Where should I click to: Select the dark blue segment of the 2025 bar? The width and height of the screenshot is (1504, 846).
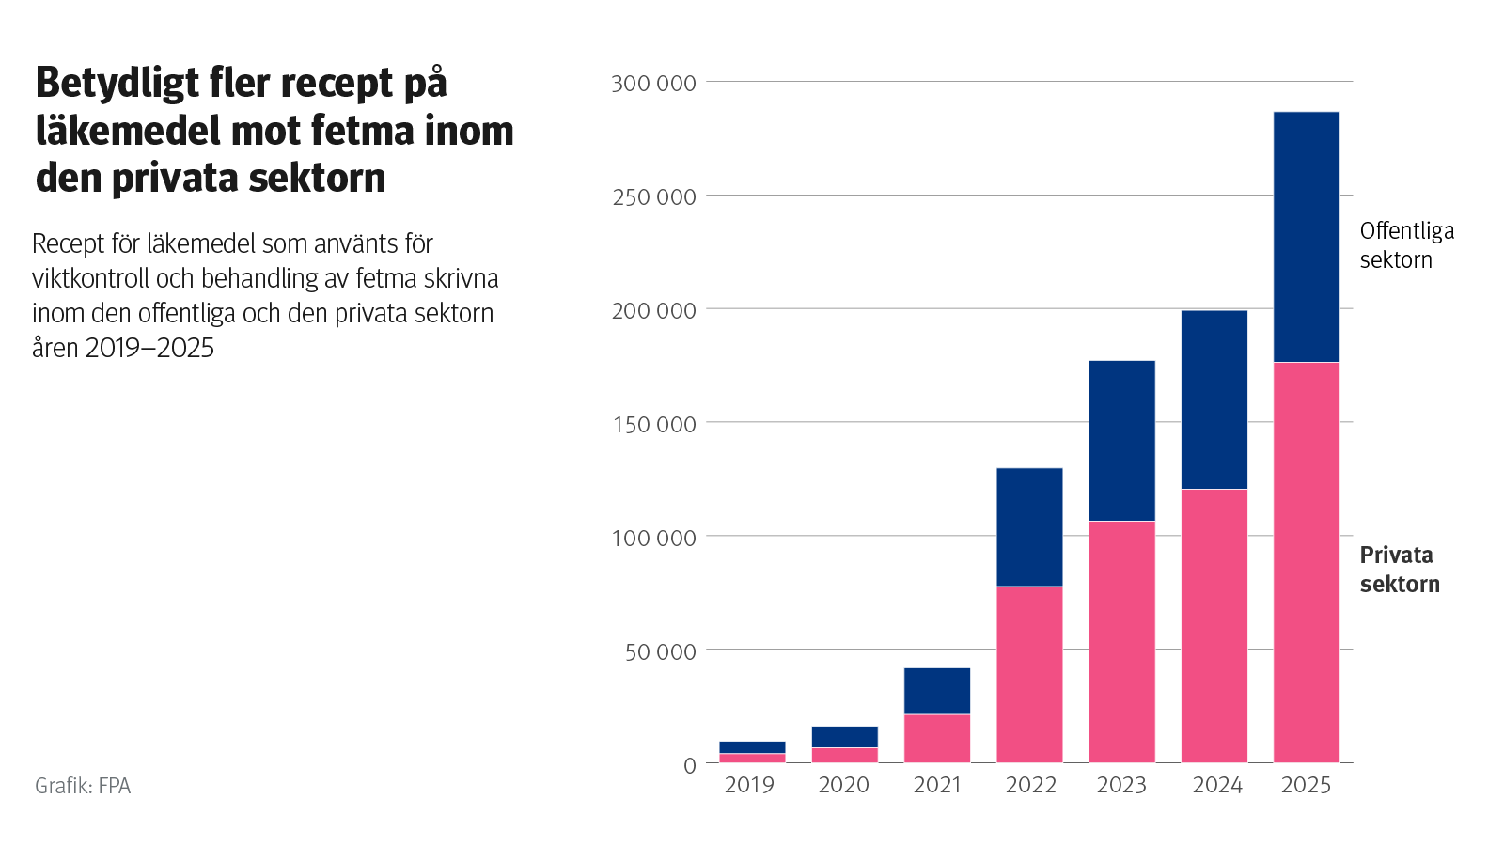tap(1306, 237)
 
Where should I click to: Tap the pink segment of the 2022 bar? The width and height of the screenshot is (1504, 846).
tap(1029, 674)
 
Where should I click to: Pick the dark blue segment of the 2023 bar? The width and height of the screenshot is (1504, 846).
tap(1121, 441)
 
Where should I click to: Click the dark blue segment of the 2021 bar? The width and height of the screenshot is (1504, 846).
tap(937, 691)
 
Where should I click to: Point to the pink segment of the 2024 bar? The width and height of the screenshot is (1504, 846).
tap(1214, 625)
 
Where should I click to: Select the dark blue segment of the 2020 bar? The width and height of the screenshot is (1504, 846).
tap(845, 736)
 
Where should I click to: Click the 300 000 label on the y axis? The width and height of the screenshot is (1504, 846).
tap(653, 84)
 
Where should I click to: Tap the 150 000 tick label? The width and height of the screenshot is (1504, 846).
tap(653, 424)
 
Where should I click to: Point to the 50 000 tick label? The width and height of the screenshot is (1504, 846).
tap(660, 651)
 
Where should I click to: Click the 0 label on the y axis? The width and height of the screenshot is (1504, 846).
tap(689, 765)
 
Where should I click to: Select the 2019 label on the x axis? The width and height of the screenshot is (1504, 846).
tap(749, 785)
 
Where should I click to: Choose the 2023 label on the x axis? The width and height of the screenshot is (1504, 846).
tap(1121, 785)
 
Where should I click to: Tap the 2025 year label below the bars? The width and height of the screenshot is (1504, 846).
tap(1306, 785)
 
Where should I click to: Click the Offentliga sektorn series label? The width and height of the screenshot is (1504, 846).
tap(1406, 245)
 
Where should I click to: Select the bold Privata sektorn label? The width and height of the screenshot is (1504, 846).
tap(1399, 570)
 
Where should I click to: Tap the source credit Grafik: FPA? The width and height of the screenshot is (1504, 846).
tap(83, 786)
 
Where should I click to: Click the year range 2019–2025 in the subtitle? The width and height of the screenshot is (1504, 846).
tap(149, 348)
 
